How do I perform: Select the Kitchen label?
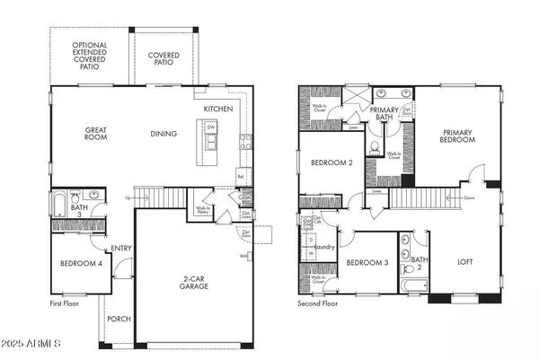(218, 108)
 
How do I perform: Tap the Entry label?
(120, 249)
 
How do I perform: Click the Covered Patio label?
(163, 59)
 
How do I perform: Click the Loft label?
(464, 262)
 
